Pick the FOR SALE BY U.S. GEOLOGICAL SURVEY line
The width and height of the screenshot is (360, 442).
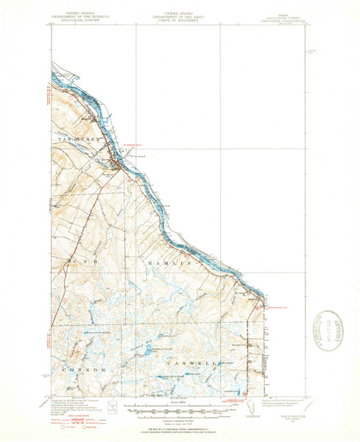tap(180, 428)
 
